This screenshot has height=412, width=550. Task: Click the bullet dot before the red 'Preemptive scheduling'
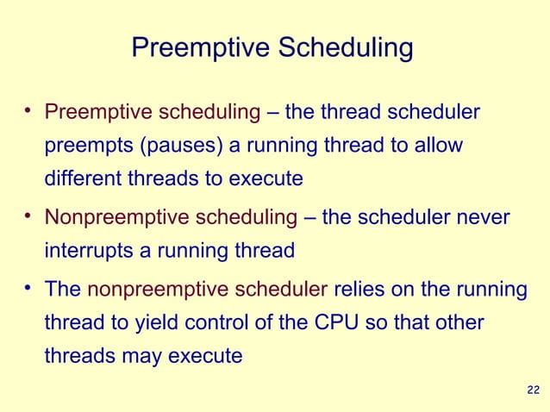[x=28, y=109]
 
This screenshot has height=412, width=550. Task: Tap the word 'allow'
[x=439, y=146]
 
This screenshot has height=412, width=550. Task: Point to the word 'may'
[x=141, y=356]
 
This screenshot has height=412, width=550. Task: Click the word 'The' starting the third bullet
[x=63, y=289]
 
